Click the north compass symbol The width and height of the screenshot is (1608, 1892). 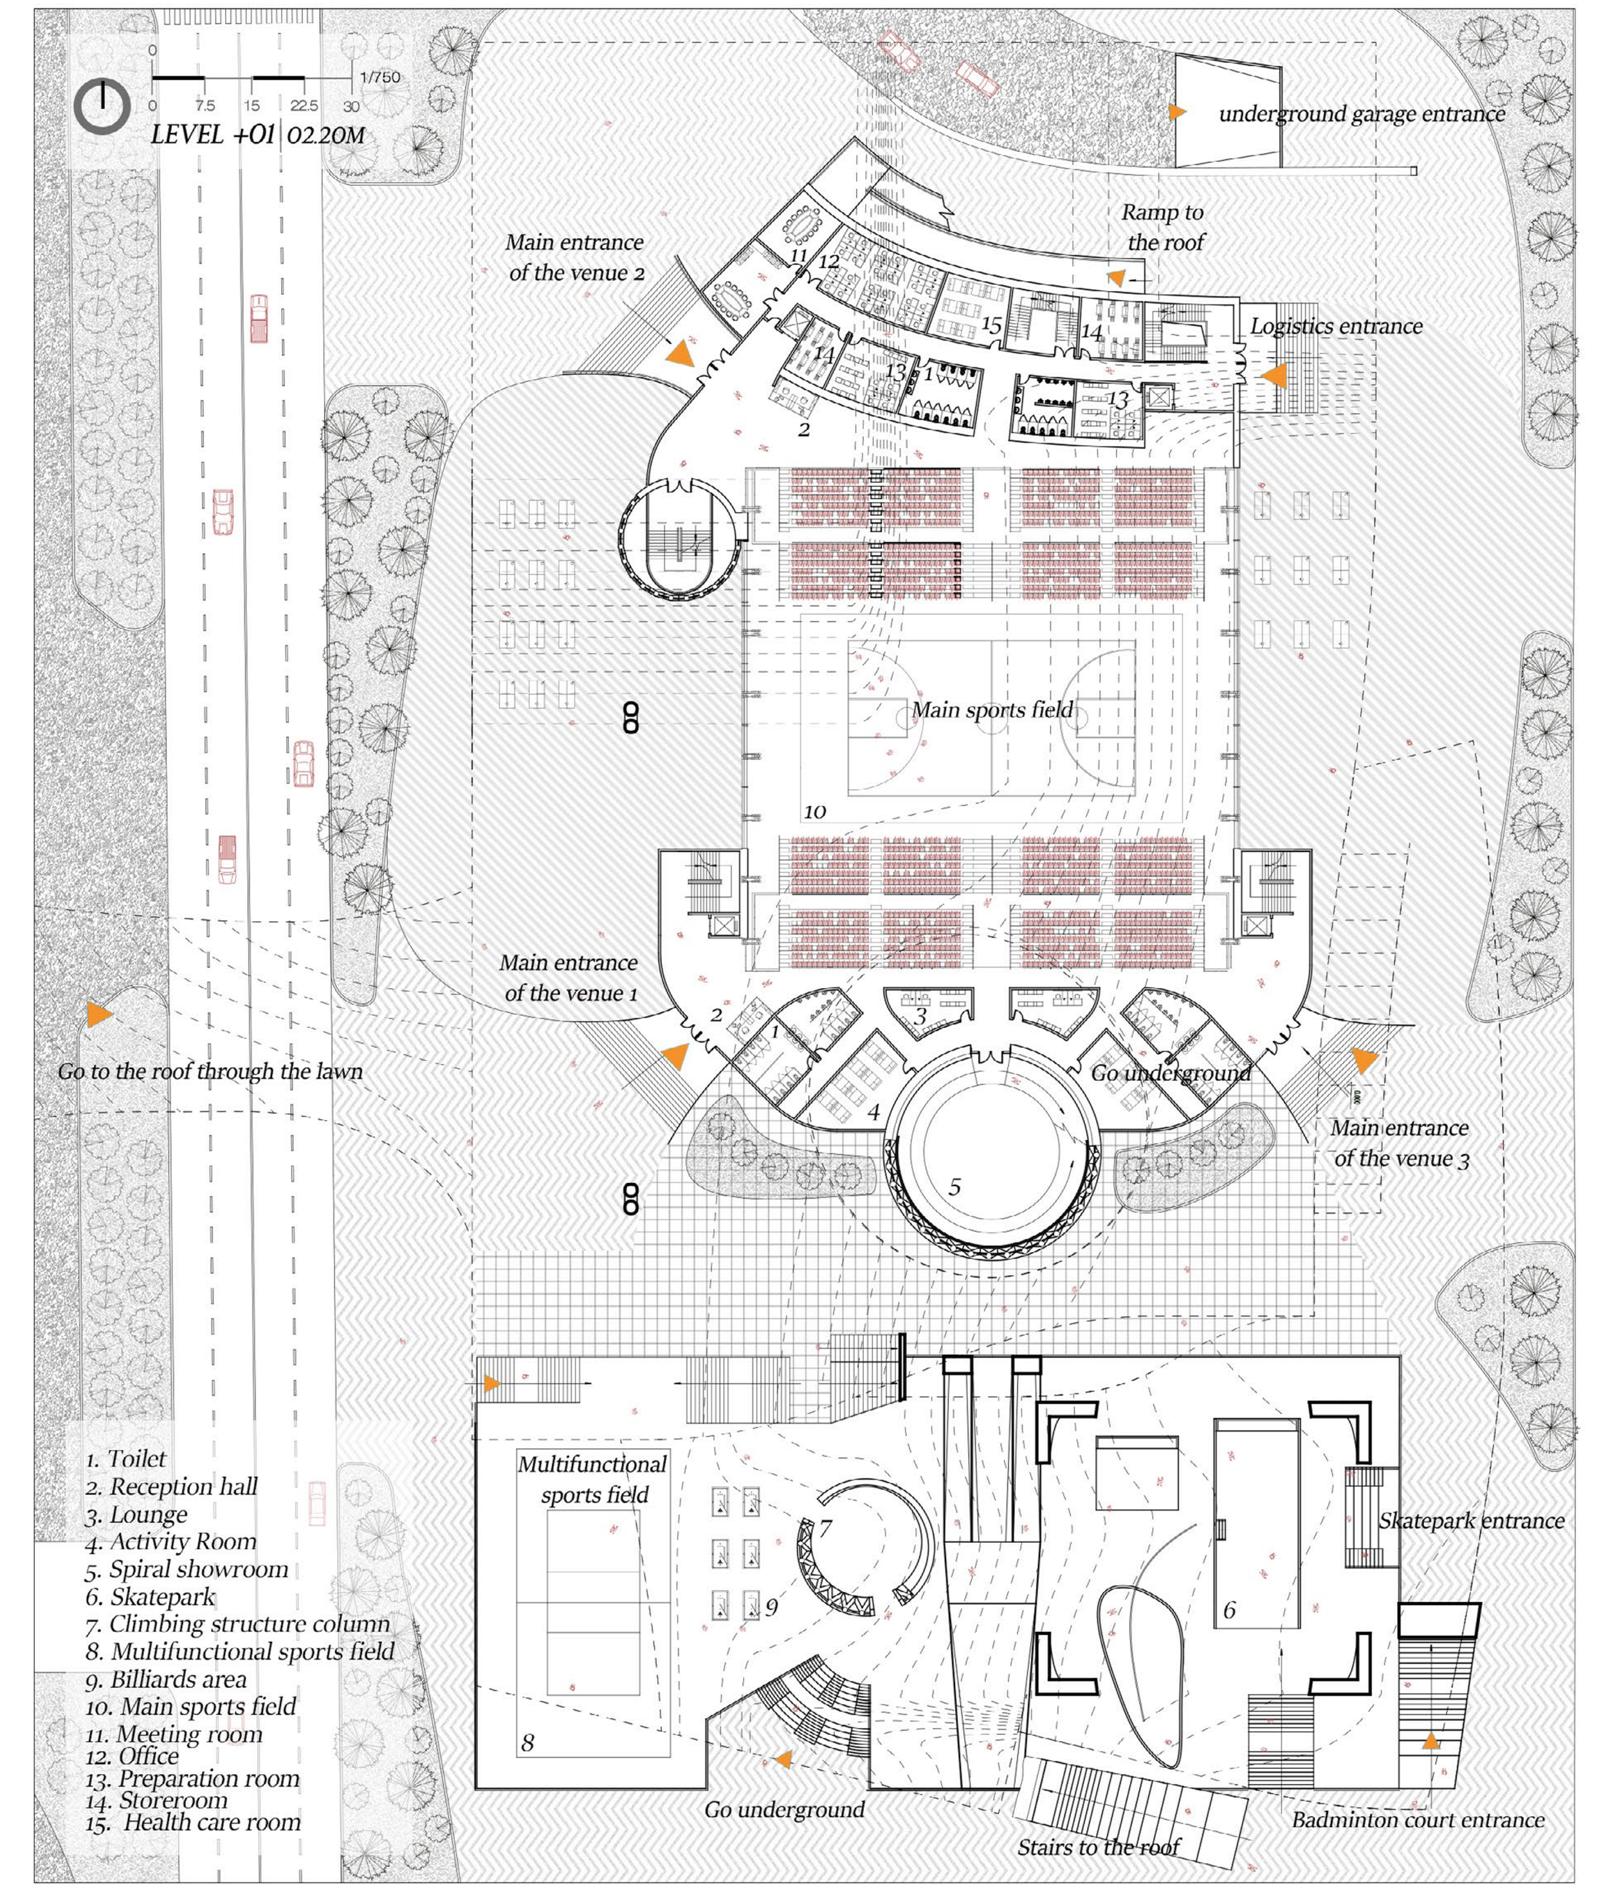coord(102,107)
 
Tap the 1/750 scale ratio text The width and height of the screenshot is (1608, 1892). coord(380,77)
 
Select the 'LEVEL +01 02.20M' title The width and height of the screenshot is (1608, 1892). coord(258,136)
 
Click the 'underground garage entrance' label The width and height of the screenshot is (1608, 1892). coord(1362,114)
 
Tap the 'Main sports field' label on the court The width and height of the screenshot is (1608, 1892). coord(992,710)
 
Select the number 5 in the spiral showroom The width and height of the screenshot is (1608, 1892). coord(955,1186)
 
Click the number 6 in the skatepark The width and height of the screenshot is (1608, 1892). coord(1229,1610)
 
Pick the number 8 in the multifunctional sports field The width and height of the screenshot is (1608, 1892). coord(528,1743)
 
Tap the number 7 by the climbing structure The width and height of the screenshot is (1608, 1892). coord(825,1527)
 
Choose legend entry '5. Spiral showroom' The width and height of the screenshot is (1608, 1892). coord(188,1569)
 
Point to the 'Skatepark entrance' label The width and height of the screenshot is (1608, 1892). coord(1470,1520)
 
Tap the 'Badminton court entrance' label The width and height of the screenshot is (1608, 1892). coord(1418,1820)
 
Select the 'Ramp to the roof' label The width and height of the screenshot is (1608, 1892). coord(1163,227)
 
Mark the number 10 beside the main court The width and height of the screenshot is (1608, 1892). coord(815,811)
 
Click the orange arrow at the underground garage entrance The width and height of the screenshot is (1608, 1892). coord(1178,112)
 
